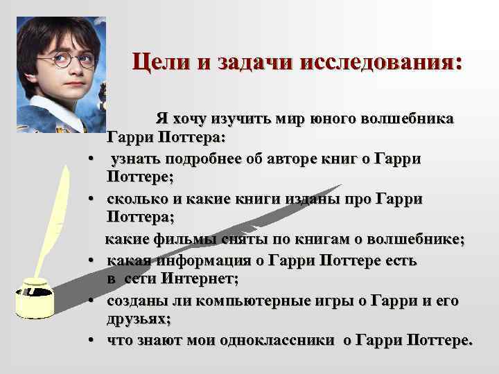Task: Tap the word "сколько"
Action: click(135, 199)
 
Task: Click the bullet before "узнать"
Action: click(91, 160)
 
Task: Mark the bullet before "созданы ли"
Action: click(91, 301)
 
